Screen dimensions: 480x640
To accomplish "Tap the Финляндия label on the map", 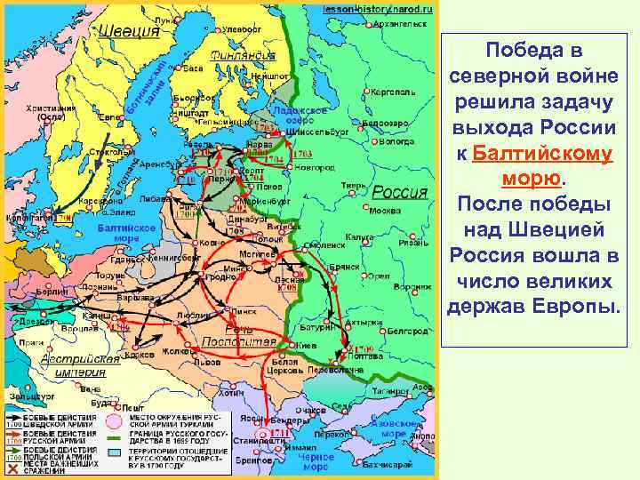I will pyautogui.click(x=244, y=55).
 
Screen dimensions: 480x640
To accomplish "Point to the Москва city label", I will pyautogui.click(x=385, y=212).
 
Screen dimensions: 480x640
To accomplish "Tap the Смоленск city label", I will pyautogui.click(x=328, y=244).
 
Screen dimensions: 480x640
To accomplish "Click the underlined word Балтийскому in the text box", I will pyautogui.click(x=542, y=154).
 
